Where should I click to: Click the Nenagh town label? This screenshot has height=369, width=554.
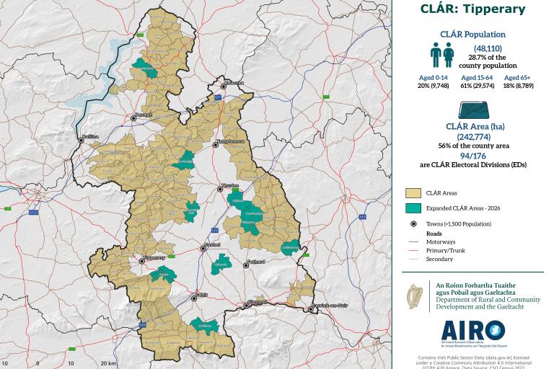pos(144,115)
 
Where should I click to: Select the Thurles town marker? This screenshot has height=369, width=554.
pos(221,189)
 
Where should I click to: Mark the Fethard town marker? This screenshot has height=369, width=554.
pos(247,264)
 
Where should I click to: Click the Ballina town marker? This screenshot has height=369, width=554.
pos(82,140)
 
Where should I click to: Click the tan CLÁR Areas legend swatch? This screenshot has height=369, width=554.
pos(413,193)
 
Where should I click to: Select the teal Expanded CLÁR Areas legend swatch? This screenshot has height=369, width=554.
pos(413,208)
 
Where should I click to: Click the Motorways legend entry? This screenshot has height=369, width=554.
pos(440,241)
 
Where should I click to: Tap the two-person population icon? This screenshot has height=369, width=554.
pos(442,54)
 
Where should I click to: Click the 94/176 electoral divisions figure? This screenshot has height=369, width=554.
pos(472,155)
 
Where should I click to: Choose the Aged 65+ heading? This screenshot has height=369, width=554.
pos(518,77)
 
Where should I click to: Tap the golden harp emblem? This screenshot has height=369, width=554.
pos(415,296)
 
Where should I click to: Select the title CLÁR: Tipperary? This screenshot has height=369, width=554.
pos(472,9)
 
